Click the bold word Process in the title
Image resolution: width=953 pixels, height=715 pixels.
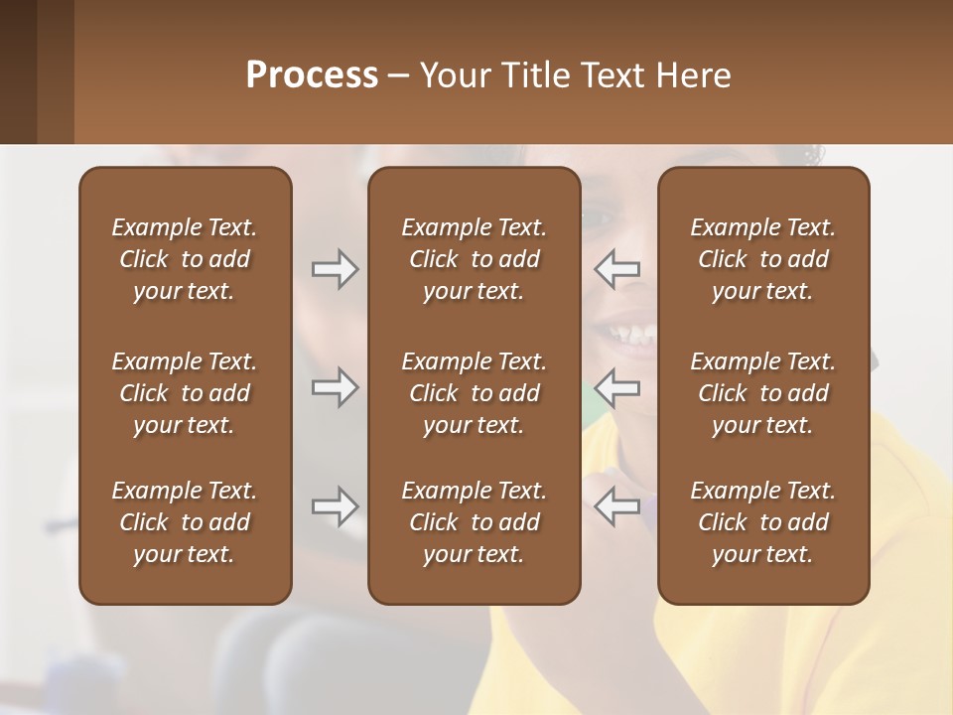click(312, 75)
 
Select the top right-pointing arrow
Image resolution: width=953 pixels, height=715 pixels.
click(336, 269)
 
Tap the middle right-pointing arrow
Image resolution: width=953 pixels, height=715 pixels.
click(336, 387)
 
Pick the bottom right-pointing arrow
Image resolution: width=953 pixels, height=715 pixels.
click(336, 506)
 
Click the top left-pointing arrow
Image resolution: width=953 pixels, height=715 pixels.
click(616, 269)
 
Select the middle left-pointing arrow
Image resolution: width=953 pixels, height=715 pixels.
click(616, 387)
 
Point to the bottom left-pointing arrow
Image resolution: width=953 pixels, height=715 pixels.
click(616, 506)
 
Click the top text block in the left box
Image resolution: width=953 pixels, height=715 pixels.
click(185, 259)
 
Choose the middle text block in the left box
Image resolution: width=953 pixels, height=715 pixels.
click(185, 393)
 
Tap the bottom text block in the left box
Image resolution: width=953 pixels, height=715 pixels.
click(185, 522)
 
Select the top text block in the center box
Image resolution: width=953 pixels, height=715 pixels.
click(474, 259)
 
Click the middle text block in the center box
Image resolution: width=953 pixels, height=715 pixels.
click(474, 393)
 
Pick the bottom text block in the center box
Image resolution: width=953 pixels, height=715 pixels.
click(474, 522)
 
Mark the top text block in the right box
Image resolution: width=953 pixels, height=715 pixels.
click(762, 259)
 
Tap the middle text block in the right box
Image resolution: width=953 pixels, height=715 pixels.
click(762, 393)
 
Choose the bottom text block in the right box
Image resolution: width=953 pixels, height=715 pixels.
click(762, 522)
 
